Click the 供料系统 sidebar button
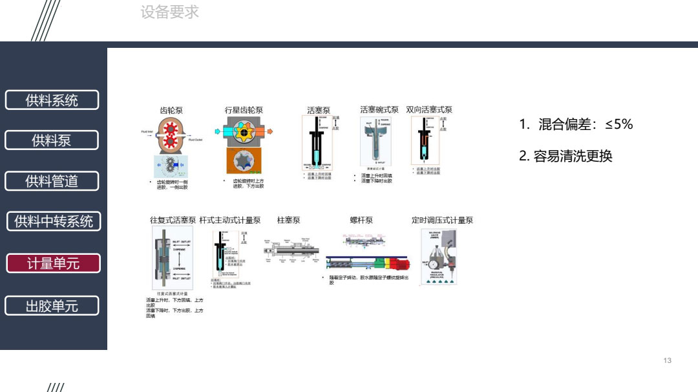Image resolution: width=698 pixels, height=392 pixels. click(x=52, y=100)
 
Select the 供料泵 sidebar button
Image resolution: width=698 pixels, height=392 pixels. click(x=52, y=140)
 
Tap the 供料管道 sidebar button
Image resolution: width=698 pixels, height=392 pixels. click(x=52, y=181)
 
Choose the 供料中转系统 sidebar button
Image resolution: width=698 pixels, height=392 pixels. click(x=54, y=221)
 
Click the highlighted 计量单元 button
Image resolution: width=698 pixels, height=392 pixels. click(x=53, y=263)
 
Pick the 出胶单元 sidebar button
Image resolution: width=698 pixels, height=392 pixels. click(x=52, y=306)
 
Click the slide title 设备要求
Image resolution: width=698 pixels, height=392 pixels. click(x=169, y=12)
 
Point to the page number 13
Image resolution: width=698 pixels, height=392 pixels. click(x=668, y=360)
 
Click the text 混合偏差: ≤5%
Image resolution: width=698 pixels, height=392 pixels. click(x=576, y=125)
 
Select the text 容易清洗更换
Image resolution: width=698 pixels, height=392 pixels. click(x=566, y=156)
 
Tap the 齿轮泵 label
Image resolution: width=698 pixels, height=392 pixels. click(x=171, y=111)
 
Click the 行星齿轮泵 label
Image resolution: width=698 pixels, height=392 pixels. click(x=244, y=111)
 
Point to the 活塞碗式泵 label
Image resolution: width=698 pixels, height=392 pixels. click(x=379, y=110)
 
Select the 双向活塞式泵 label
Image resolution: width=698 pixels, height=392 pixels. click(x=429, y=110)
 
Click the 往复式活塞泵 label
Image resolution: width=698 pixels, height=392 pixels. click(x=173, y=221)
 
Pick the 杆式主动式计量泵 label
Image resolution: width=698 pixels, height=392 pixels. click(x=230, y=221)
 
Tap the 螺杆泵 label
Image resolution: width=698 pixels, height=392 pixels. click(x=361, y=221)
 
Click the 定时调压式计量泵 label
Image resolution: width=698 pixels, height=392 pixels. click(x=442, y=221)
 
